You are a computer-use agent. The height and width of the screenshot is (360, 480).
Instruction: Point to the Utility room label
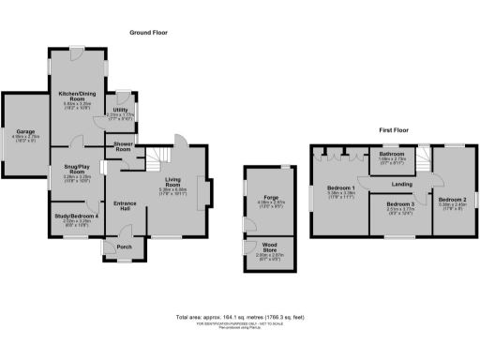123,110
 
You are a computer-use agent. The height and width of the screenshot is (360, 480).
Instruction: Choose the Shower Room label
122,146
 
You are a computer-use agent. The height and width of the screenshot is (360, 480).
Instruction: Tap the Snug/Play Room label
77,172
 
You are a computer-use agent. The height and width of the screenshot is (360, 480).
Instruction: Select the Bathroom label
392,155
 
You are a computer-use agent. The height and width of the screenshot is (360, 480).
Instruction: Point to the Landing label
403,184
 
